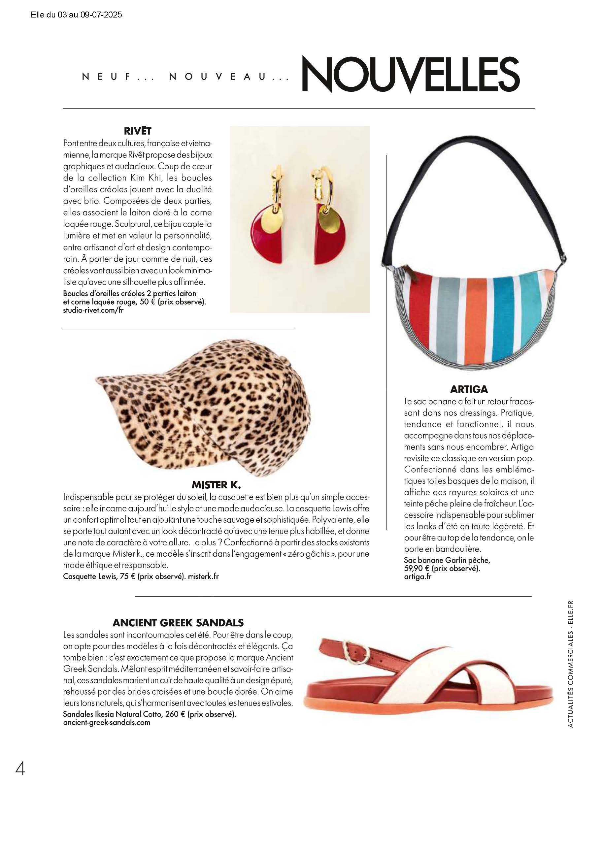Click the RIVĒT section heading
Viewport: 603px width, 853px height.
click(138, 131)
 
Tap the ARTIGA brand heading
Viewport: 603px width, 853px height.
click(469, 389)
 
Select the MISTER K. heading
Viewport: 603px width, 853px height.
click(216, 484)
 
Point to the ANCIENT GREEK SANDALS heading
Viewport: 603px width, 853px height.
click(178, 622)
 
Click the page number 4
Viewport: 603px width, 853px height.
click(20, 768)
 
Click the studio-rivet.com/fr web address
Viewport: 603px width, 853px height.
click(93, 310)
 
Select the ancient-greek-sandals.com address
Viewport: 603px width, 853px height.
click(107, 722)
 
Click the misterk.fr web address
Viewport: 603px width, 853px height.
click(203, 576)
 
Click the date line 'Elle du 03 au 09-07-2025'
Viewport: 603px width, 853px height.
click(77, 15)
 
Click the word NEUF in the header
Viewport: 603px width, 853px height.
click(107, 77)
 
